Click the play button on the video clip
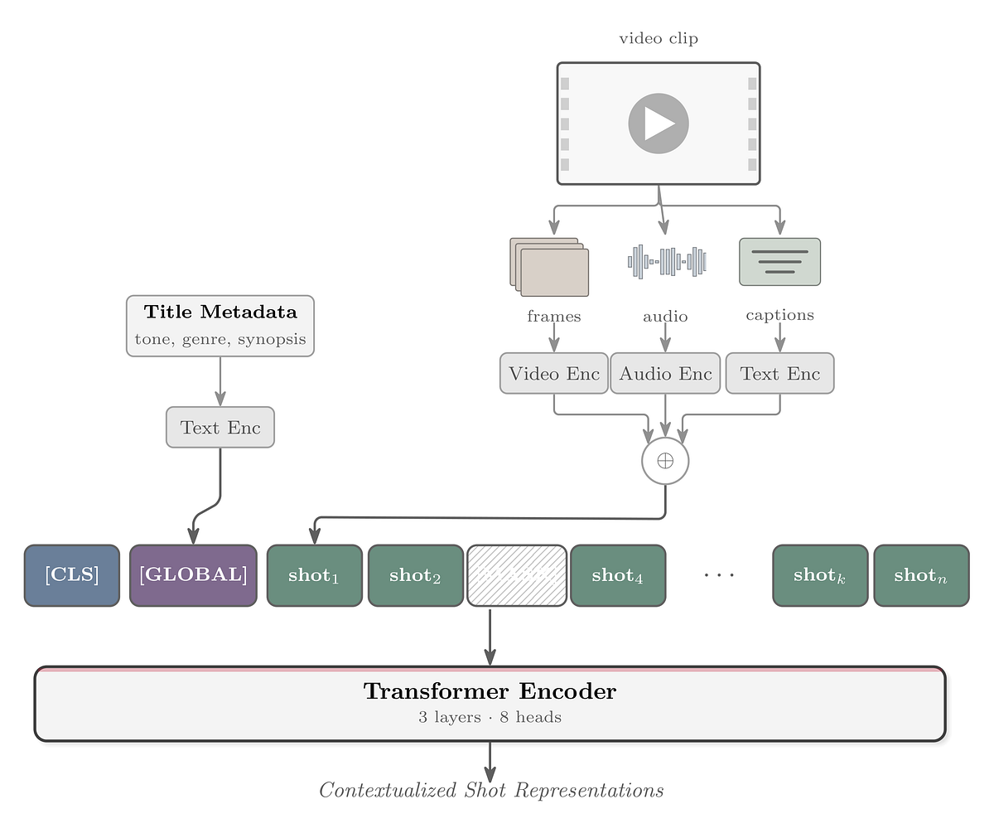[x=659, y=123]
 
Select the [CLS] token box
[x=72, y=575]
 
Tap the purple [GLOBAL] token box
[x=193, y=575]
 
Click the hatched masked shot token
[x=517, y=575]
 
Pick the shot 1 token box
[x=314, y=575]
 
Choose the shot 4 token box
[x=618, y=575]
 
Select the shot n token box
[x=920, y=575]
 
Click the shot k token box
[x=820, y=575]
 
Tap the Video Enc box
[x=554, y=373]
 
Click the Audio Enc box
[x=665, y=373]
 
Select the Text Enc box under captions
[x=779, y=373]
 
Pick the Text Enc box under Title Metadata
[x=220, y=428]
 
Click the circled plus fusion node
[x=665, y=461]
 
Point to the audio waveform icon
[x=666, y=261]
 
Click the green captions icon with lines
[x=779, y=261]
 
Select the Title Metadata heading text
[x=220, y=312]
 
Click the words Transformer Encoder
[x=490, y=691]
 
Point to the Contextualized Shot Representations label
[x=491, y=790]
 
